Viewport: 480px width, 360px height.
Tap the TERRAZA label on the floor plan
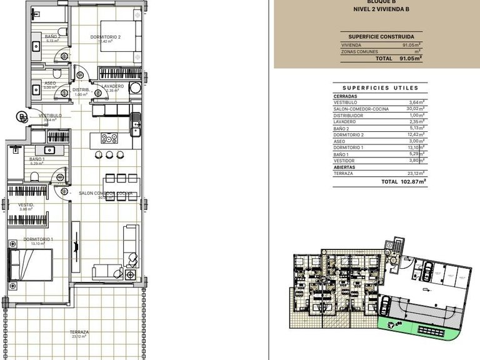click(x=79, y=332)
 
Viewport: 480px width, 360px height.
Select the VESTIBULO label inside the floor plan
click(x=50, y=116)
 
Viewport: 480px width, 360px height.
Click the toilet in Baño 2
click(x=61, y=33)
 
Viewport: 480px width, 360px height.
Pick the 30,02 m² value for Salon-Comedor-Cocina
click(x=415, y=109)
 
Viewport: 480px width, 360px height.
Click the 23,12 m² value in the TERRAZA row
click(x=415, y=173)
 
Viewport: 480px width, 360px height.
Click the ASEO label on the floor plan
click(x=50, y=83)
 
